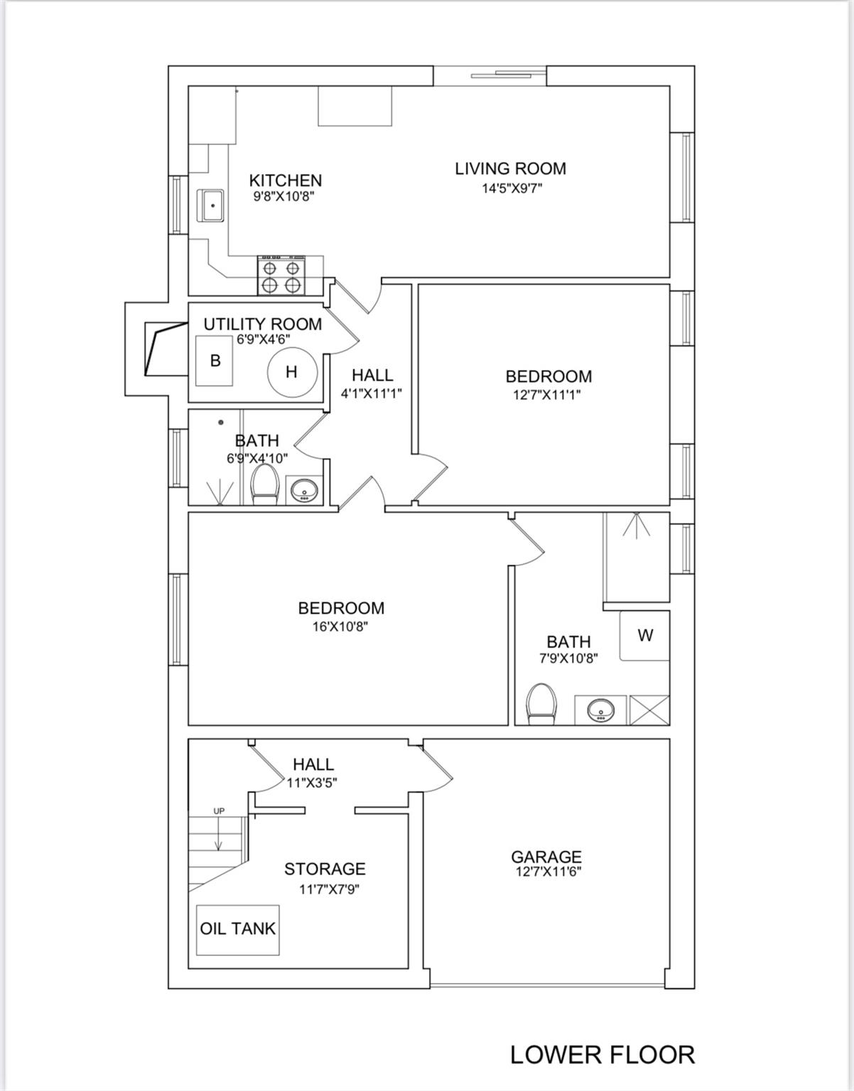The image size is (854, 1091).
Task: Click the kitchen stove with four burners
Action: coord(281,275)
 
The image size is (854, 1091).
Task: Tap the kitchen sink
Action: coord(210,205)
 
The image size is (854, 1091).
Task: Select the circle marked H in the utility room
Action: coord(293,372)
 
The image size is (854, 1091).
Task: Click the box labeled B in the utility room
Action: coord(215,361)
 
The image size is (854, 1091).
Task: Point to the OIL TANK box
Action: coord(238,928)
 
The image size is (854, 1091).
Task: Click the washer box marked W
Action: coord(644,636)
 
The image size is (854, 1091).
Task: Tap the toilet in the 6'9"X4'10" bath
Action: coord(264,484)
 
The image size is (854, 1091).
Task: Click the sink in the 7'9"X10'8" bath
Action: coord(600,710)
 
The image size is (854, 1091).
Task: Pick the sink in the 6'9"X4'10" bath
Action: coord(304,489)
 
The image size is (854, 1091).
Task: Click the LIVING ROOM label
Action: coord(511,169)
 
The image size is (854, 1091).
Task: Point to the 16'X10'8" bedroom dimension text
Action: coord(341,627)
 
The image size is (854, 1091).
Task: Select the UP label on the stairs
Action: coord(220,811)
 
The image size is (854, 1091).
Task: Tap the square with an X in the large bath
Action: coord(649,710)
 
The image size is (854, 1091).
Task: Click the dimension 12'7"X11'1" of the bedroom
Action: coord(547,395)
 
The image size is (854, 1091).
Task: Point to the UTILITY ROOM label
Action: coord(263,325)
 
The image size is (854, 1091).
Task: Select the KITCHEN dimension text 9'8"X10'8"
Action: coord(283,196)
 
